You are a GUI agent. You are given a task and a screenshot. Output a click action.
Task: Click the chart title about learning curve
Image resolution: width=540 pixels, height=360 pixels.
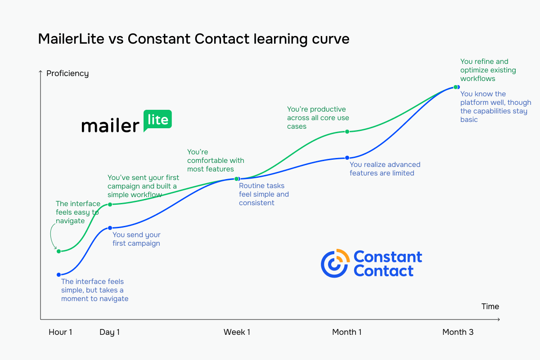193,39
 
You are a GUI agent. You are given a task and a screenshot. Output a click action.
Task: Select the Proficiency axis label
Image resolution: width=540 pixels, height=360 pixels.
67,73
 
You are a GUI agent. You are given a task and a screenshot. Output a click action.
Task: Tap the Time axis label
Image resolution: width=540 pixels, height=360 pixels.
490,306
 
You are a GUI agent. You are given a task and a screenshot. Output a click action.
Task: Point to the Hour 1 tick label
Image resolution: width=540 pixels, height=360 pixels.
60,332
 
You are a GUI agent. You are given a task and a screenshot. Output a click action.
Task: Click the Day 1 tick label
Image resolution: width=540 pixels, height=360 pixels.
109,332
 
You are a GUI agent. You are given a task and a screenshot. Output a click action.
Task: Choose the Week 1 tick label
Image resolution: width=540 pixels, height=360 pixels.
237,332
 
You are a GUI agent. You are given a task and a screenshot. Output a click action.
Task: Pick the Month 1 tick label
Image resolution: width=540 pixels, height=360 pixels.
346,332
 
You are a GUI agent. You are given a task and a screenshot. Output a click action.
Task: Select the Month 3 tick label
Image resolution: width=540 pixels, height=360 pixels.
458,332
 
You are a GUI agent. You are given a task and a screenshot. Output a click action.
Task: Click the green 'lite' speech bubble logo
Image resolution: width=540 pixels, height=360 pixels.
157,120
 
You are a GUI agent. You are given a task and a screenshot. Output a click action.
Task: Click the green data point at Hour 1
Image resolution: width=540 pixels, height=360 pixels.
58,251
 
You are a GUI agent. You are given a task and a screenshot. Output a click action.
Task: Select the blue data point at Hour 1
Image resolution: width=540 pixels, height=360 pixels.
58,274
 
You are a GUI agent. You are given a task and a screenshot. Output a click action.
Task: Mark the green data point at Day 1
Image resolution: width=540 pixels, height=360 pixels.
110,204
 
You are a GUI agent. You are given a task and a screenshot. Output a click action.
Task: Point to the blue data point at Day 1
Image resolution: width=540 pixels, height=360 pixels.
110,228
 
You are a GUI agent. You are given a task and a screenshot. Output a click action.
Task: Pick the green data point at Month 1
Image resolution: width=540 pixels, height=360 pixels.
347,131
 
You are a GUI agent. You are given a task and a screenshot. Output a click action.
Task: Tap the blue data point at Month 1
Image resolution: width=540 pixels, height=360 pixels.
347,157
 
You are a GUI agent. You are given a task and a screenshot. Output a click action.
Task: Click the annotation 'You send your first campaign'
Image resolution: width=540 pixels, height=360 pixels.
136,239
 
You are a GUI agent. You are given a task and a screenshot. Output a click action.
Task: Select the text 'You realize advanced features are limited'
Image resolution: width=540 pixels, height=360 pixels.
385,169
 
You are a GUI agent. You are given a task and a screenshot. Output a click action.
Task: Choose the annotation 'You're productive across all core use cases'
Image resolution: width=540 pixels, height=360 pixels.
318,117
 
